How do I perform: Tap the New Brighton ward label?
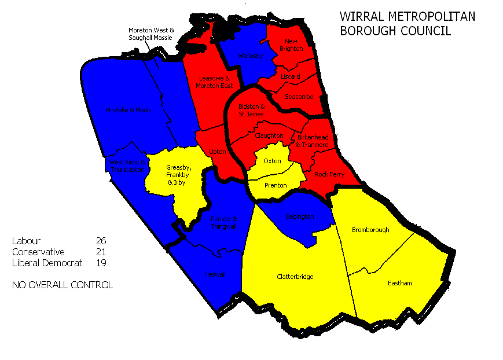click(x=291, y=45)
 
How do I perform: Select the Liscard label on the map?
click(x=290, y=76)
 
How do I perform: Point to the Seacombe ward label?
click(x=299, y=97)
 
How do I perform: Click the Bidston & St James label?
click(x=252, y=110)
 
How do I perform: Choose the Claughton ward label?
click(x=269, y=135)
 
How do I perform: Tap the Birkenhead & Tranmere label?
click(x=313, y=141)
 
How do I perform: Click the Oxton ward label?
click(x=272, y=160)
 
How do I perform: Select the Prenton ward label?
click(x=275, y=185)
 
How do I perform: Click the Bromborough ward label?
click(x=370, y=230)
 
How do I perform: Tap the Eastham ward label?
click(x=400, y=283)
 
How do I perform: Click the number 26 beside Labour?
click(x=101, y=240)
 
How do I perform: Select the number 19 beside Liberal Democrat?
click(x=101, y=263)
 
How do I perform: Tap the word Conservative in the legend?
click(x=38, y=252)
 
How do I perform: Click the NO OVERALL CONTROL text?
click(x=62, y=285)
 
